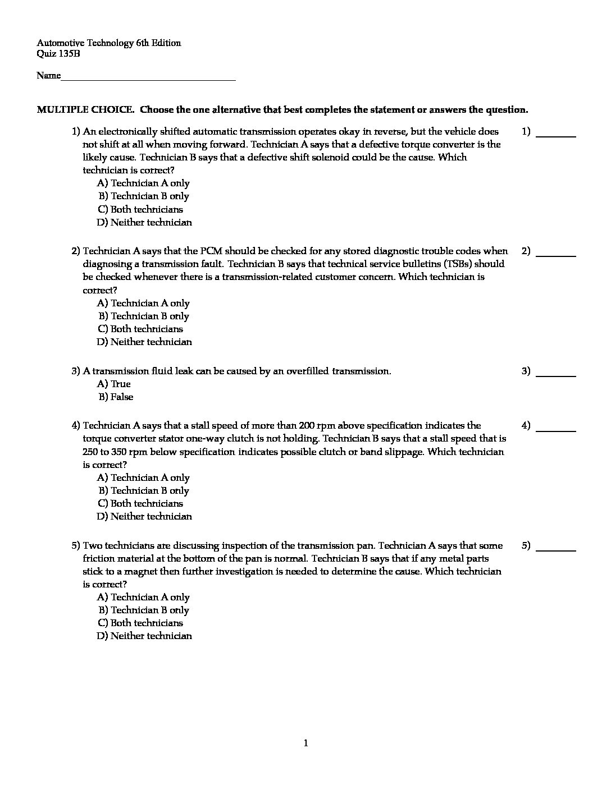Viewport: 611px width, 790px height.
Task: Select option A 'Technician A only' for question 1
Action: [x=143, y=183]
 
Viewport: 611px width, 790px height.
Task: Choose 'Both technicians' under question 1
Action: [x=140, y=209]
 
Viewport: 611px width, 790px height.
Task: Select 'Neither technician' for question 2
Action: [x=144, y=342]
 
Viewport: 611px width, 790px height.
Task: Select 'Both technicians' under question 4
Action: [x=140, y=503]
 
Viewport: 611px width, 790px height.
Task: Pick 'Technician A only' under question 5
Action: [x=143, y=597]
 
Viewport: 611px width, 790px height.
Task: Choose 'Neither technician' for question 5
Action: [x=144, y=636]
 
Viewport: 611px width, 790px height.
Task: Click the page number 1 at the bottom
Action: [x=305, y=743]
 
